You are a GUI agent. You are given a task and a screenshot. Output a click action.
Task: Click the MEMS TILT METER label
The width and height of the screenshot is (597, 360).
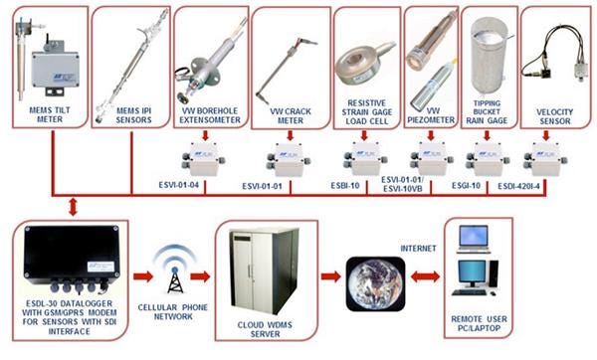click(x=50, y=114)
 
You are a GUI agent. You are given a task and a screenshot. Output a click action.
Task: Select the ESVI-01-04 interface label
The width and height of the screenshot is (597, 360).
click(x=178, y=185)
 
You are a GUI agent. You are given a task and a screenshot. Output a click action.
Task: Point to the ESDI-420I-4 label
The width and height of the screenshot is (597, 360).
click(x=519, y=186)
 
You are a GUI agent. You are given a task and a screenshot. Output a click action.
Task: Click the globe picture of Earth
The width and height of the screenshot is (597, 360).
click(x=375, y=283)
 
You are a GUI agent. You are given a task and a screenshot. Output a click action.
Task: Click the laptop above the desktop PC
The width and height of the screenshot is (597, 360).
click(x=474, y=239)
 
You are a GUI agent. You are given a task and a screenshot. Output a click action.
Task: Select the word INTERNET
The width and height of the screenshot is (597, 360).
click(x=418, y=248)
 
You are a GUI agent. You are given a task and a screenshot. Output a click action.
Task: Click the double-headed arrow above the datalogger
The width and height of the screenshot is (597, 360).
click(x=73, y=207)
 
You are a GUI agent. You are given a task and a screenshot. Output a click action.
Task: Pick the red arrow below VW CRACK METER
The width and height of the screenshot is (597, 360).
click(x=291, y=135)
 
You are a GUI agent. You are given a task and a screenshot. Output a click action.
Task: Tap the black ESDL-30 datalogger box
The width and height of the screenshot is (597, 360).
click(x=72, y=258)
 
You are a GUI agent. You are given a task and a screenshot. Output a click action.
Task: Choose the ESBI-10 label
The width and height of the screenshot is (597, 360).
click(x=345, y=186)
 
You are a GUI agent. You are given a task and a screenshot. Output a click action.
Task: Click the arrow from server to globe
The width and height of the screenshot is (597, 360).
click(x=330, y=276)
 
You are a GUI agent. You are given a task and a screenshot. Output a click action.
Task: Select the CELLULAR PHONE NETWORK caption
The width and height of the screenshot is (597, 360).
click(x=173, y=311)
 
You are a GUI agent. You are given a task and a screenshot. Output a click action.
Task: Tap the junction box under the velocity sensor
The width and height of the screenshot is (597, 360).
click(x=545, y=159)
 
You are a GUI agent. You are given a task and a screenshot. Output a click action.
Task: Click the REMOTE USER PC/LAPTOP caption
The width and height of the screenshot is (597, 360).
click(x=479, y=323)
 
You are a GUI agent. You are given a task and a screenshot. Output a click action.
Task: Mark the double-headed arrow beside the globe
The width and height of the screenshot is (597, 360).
click(x=426, y=276)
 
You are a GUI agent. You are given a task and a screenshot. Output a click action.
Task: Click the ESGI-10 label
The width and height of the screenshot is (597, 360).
click(x=466, y=186)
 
